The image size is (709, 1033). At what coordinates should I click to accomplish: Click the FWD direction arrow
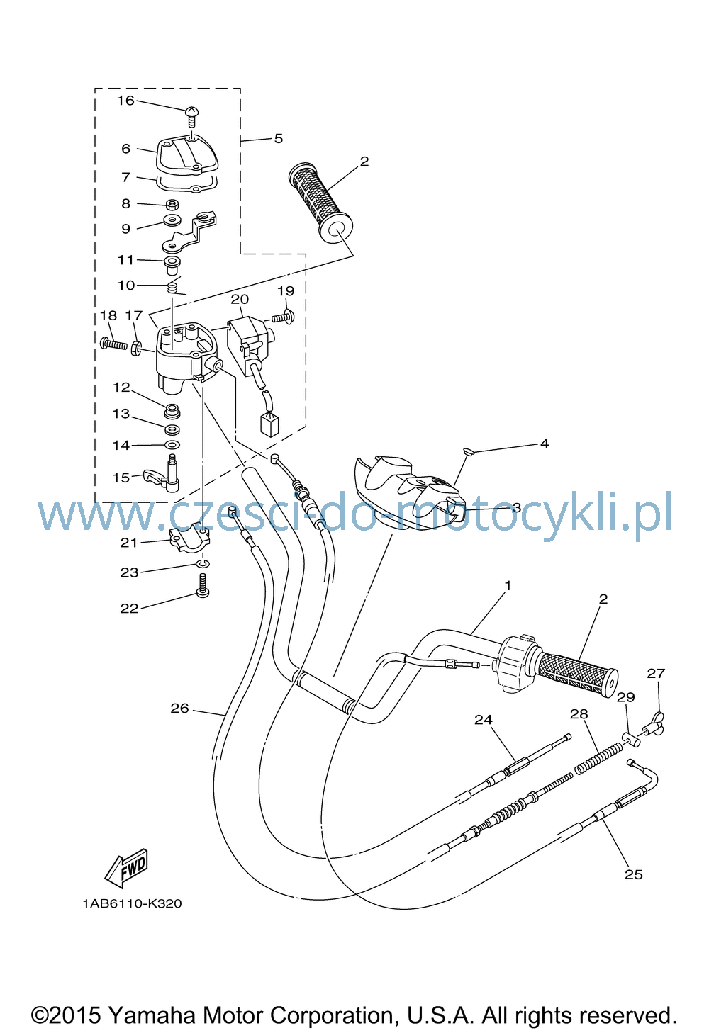click(126, 867)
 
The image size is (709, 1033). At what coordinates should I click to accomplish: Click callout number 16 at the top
click(125, 100)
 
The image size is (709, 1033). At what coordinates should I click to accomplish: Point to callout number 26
click(179, 708)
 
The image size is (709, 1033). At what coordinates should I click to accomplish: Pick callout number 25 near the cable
click(633, 874)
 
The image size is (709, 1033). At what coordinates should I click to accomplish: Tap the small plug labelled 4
click(469, 452)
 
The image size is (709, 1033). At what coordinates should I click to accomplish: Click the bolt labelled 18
click(113, 343)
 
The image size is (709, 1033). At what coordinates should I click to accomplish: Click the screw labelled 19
click(283, 317)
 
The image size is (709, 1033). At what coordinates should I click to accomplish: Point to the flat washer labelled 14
click(172, 445)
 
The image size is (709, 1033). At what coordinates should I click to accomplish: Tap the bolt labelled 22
click(203, 585)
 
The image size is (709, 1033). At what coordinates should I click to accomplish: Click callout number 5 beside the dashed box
click(278, 138)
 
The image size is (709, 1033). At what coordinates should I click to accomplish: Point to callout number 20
click(240, 299)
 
